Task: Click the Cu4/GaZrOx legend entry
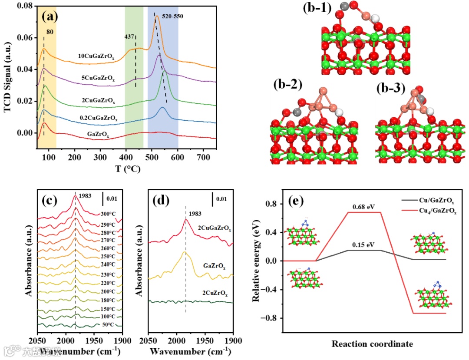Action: coord(439,211)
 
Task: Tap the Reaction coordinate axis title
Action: coord(372,344)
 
